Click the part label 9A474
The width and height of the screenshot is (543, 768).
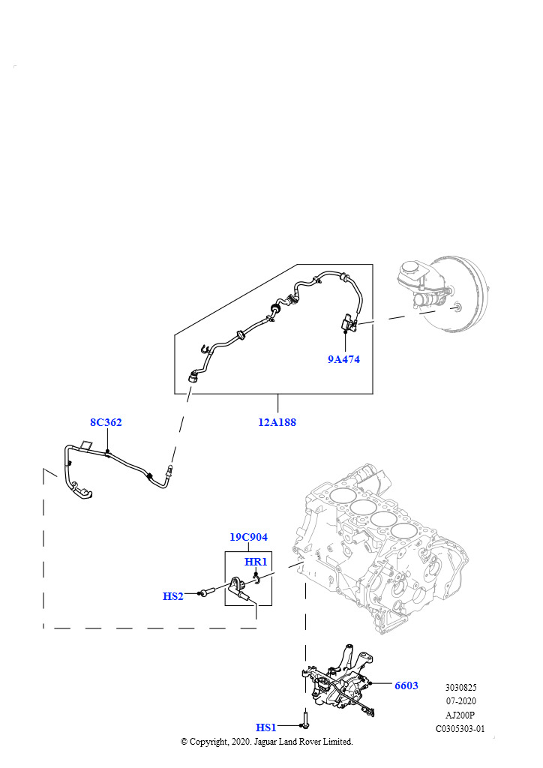click(x=343, y=359)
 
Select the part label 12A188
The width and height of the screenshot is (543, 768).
click(x=277, y=422)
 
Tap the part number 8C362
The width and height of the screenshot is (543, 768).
click(x=106, y=422)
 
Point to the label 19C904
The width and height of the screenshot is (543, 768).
click(x=248, y=537)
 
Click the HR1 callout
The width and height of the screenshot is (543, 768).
click(x=256, y=562)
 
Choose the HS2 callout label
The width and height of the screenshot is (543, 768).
click(x=173, y=596)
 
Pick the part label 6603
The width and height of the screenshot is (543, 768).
click(x=406, y=685)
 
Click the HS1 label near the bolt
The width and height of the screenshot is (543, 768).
click(x=266, y=727)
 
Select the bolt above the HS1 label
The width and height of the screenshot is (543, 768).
click(x=305, y=719)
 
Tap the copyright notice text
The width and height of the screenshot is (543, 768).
click(x=267, y=741)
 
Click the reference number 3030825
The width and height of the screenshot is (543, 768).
click(x=460, y=687)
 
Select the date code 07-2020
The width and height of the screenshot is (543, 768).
click(x=460, y=700)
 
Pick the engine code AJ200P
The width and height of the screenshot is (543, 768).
click(x=460, y=714)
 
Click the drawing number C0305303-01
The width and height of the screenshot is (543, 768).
click(x=460, y=727)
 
